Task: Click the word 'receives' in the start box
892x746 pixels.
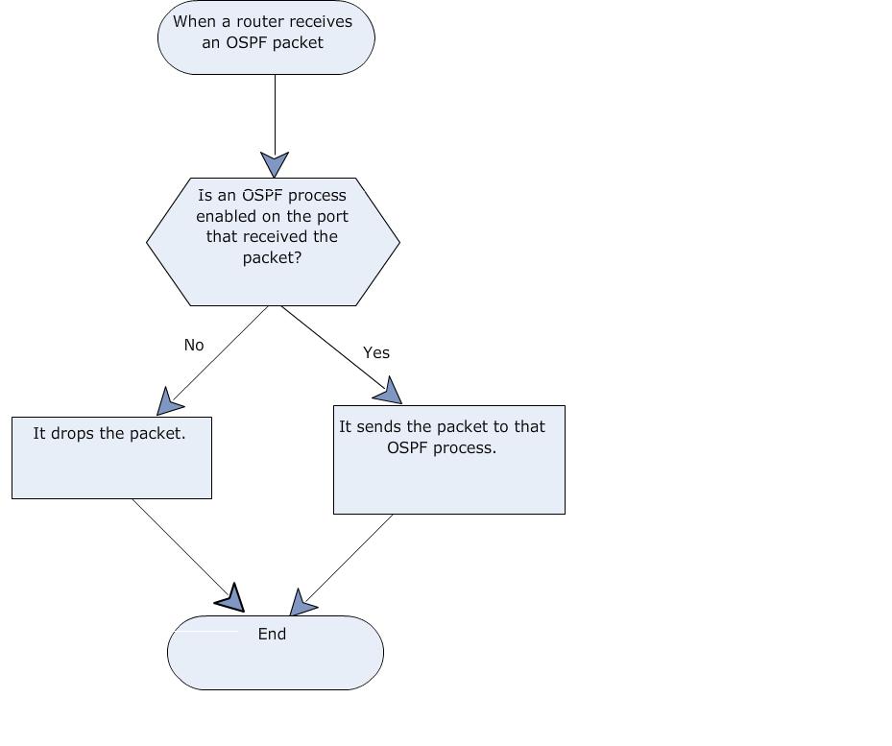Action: pos(323,22)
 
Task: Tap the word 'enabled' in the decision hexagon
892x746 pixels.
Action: pos(224,216)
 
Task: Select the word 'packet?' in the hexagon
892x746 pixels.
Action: pos(272,257)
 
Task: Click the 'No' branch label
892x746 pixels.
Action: pos(194,345)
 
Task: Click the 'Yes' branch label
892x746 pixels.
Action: pos(376,352)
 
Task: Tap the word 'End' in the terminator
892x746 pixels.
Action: pos(272,634)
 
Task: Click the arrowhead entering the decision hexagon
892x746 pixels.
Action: pos(275,164)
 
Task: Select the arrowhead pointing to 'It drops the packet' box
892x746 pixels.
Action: pos(168,402)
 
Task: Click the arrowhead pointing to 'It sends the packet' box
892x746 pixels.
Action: pos(389,392)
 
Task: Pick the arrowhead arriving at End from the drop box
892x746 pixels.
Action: pos(232,598)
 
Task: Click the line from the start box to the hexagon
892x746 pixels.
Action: pos(275,114)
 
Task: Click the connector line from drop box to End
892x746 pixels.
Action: pos(181,548)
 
